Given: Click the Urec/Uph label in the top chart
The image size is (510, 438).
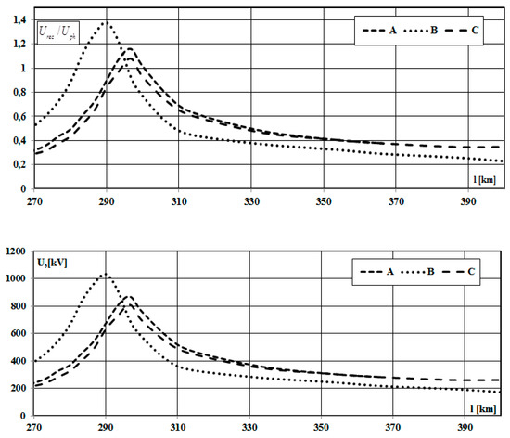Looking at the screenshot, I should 58,32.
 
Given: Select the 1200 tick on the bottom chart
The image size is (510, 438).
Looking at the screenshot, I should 16,251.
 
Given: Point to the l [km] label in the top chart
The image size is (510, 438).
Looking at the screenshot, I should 482,179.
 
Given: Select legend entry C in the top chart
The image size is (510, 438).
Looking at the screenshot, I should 476,30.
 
